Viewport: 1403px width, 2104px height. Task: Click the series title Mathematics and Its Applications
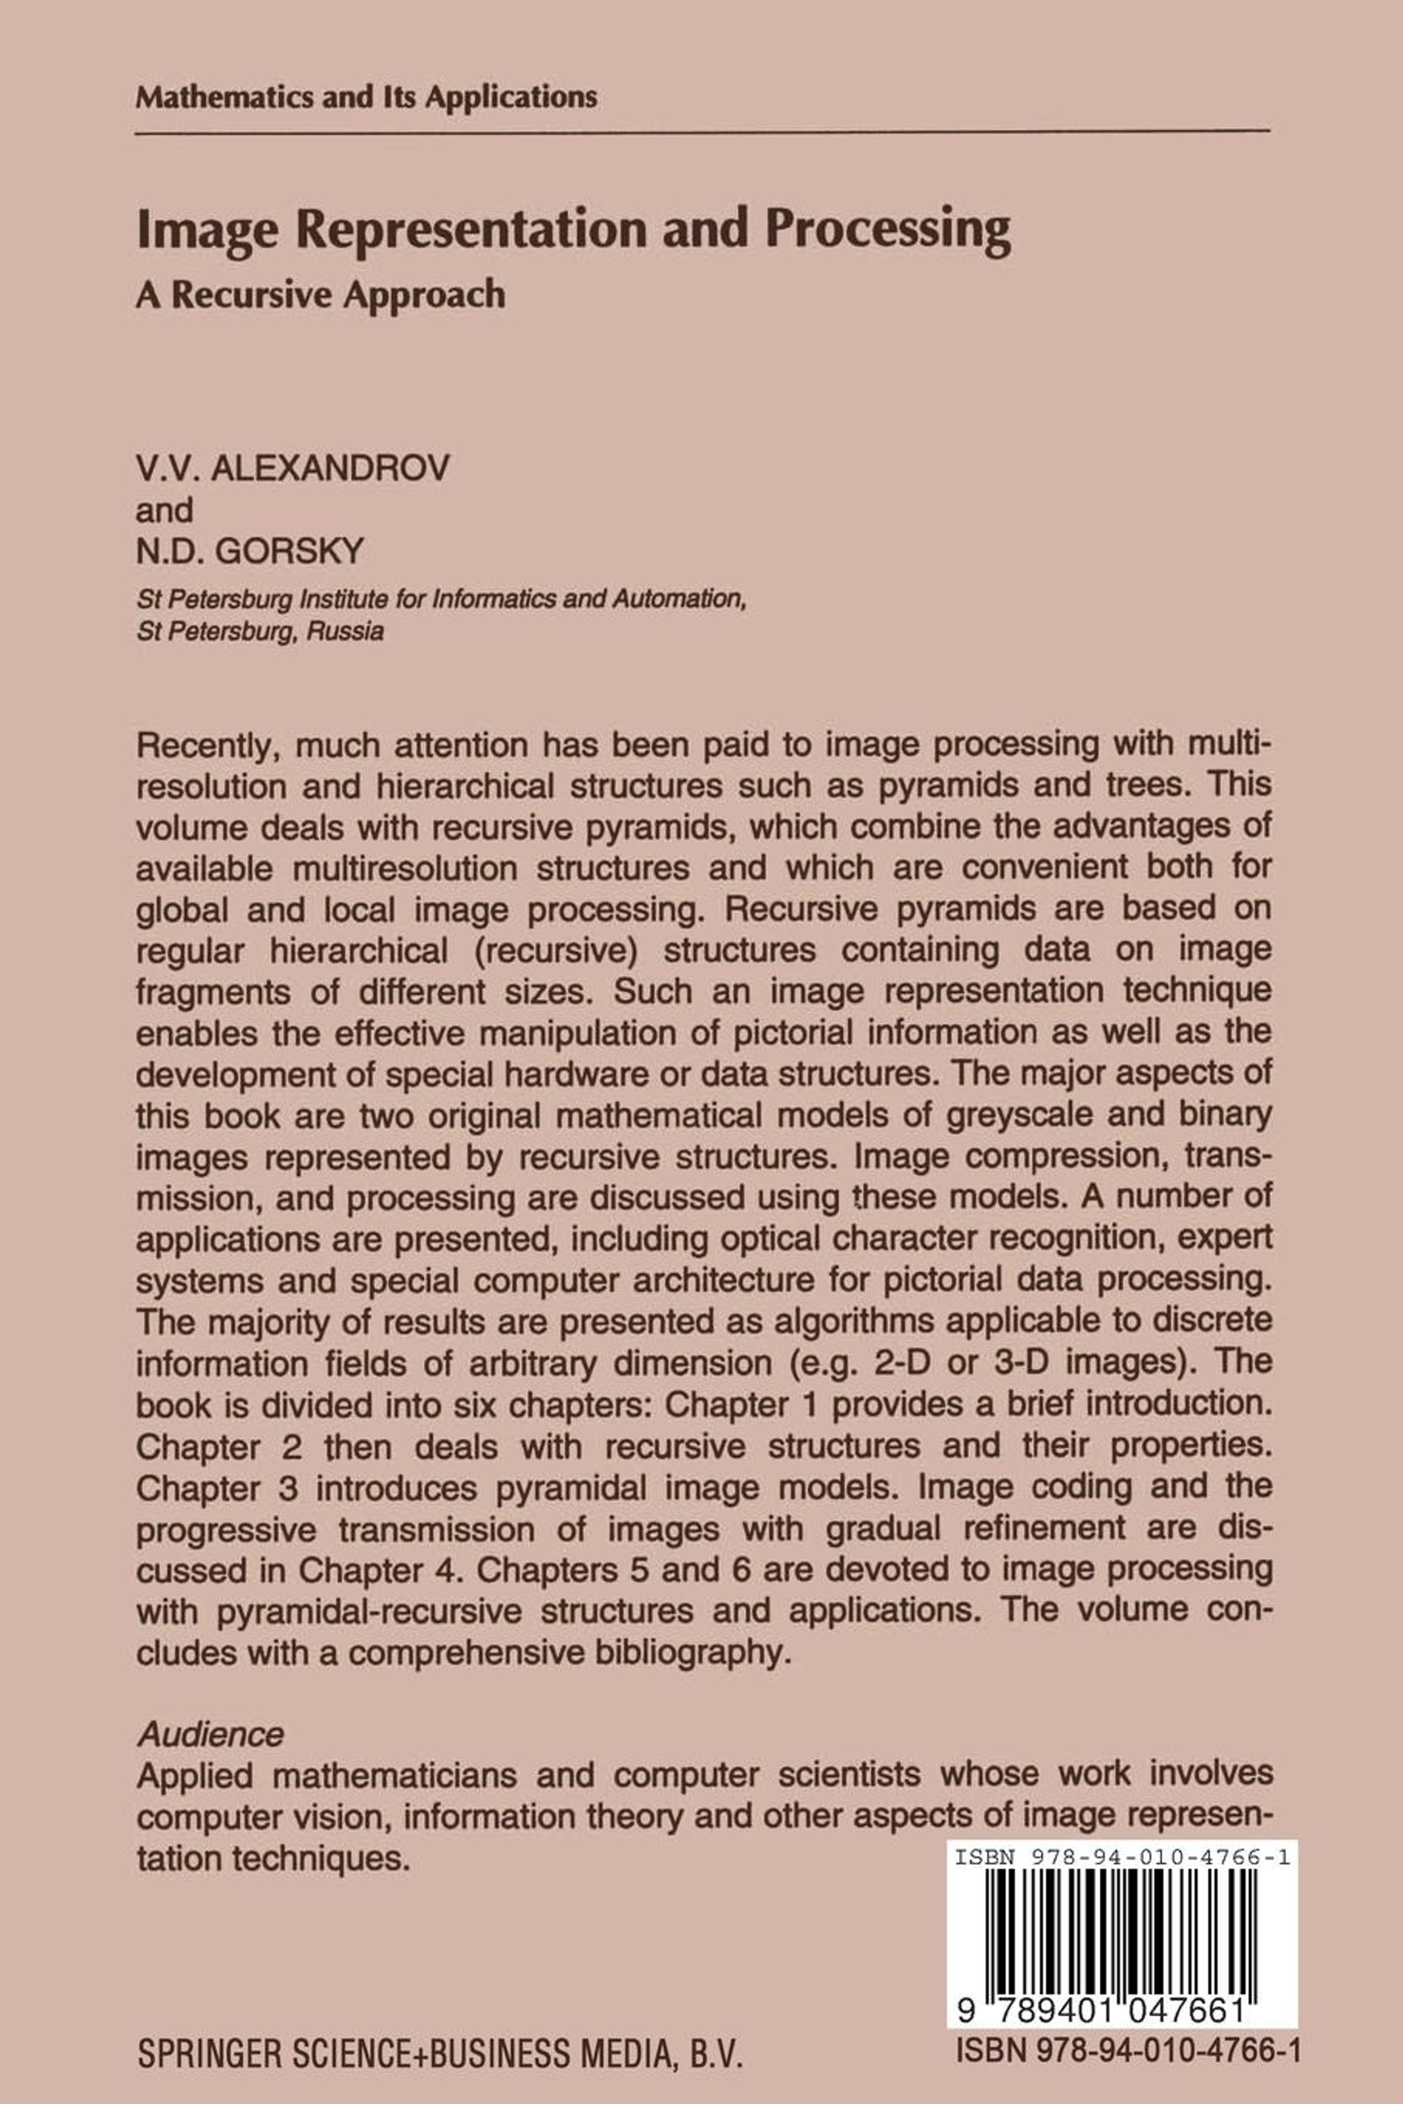(x=366, y=96)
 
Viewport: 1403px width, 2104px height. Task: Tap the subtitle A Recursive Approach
(x=320, y=294)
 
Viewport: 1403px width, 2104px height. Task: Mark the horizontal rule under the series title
(x=703, y=133)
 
